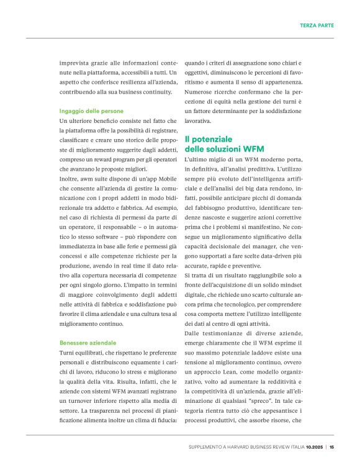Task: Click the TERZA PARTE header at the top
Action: click(x=317, y=25)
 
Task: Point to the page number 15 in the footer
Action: click(x=332, y=446)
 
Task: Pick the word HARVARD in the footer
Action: click(x=245, y=446)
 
